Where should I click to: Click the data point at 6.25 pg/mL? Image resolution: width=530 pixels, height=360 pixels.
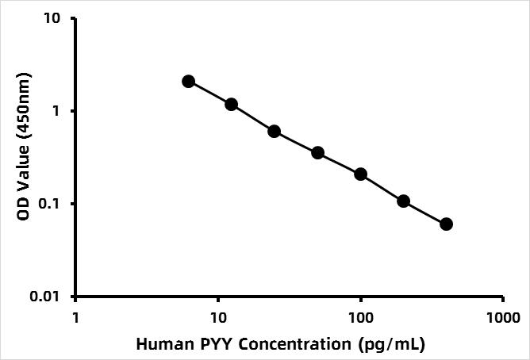[188, 81]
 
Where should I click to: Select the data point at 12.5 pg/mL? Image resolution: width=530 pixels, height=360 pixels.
[231, 104]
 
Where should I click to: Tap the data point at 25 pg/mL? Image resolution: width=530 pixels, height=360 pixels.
[274, 131]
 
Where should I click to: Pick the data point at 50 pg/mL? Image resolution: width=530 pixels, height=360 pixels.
[317, 152]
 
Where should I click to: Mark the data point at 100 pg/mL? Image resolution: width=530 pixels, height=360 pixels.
[360, 174]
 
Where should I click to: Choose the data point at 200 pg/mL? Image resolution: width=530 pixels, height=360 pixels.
[403, 201]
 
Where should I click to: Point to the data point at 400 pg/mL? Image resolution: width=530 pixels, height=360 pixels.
[446, 224]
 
